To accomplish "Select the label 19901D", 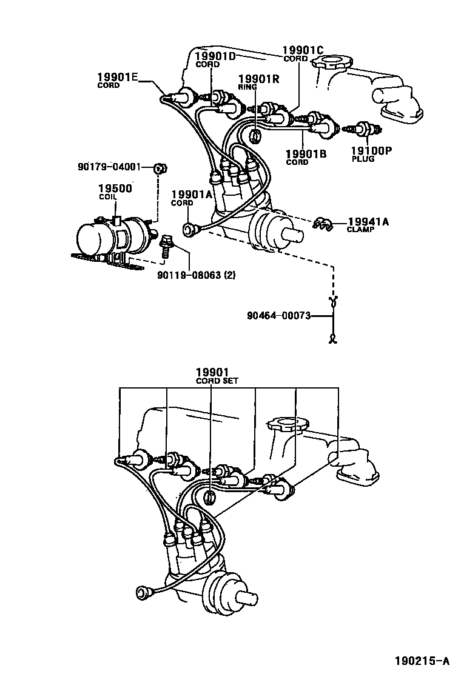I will pyautogui.click(x=215, y=56).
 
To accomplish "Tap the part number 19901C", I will pyautogui.click(x=303, y=50).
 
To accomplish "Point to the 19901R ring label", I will pyautogui.click(x=258, y=79).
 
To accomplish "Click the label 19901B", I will pyautogui.click(x=306, y=154).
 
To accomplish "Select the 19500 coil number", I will pyautogui.click(x=115, y=188).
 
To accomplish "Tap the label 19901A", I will pyautogui.click(x=191, y=194).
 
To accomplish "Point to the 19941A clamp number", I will pyautogui.click(x=368, y=222).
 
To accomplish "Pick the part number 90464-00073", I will pyautogui.click(x=279, y=315).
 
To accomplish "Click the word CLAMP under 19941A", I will pyautogui.click(x=360, y=230).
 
